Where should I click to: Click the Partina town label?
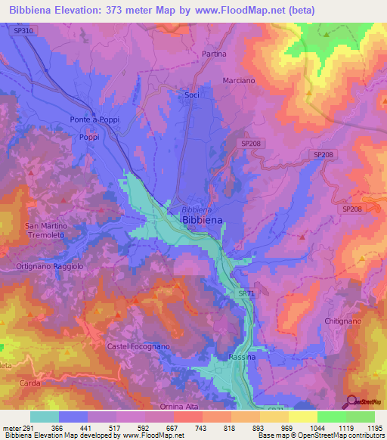point(214,54)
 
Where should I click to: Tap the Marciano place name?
point(238,80)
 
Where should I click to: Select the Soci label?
point(192,95)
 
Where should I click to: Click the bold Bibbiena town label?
point(202,220)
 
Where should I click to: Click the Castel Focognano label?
point(138,345)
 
